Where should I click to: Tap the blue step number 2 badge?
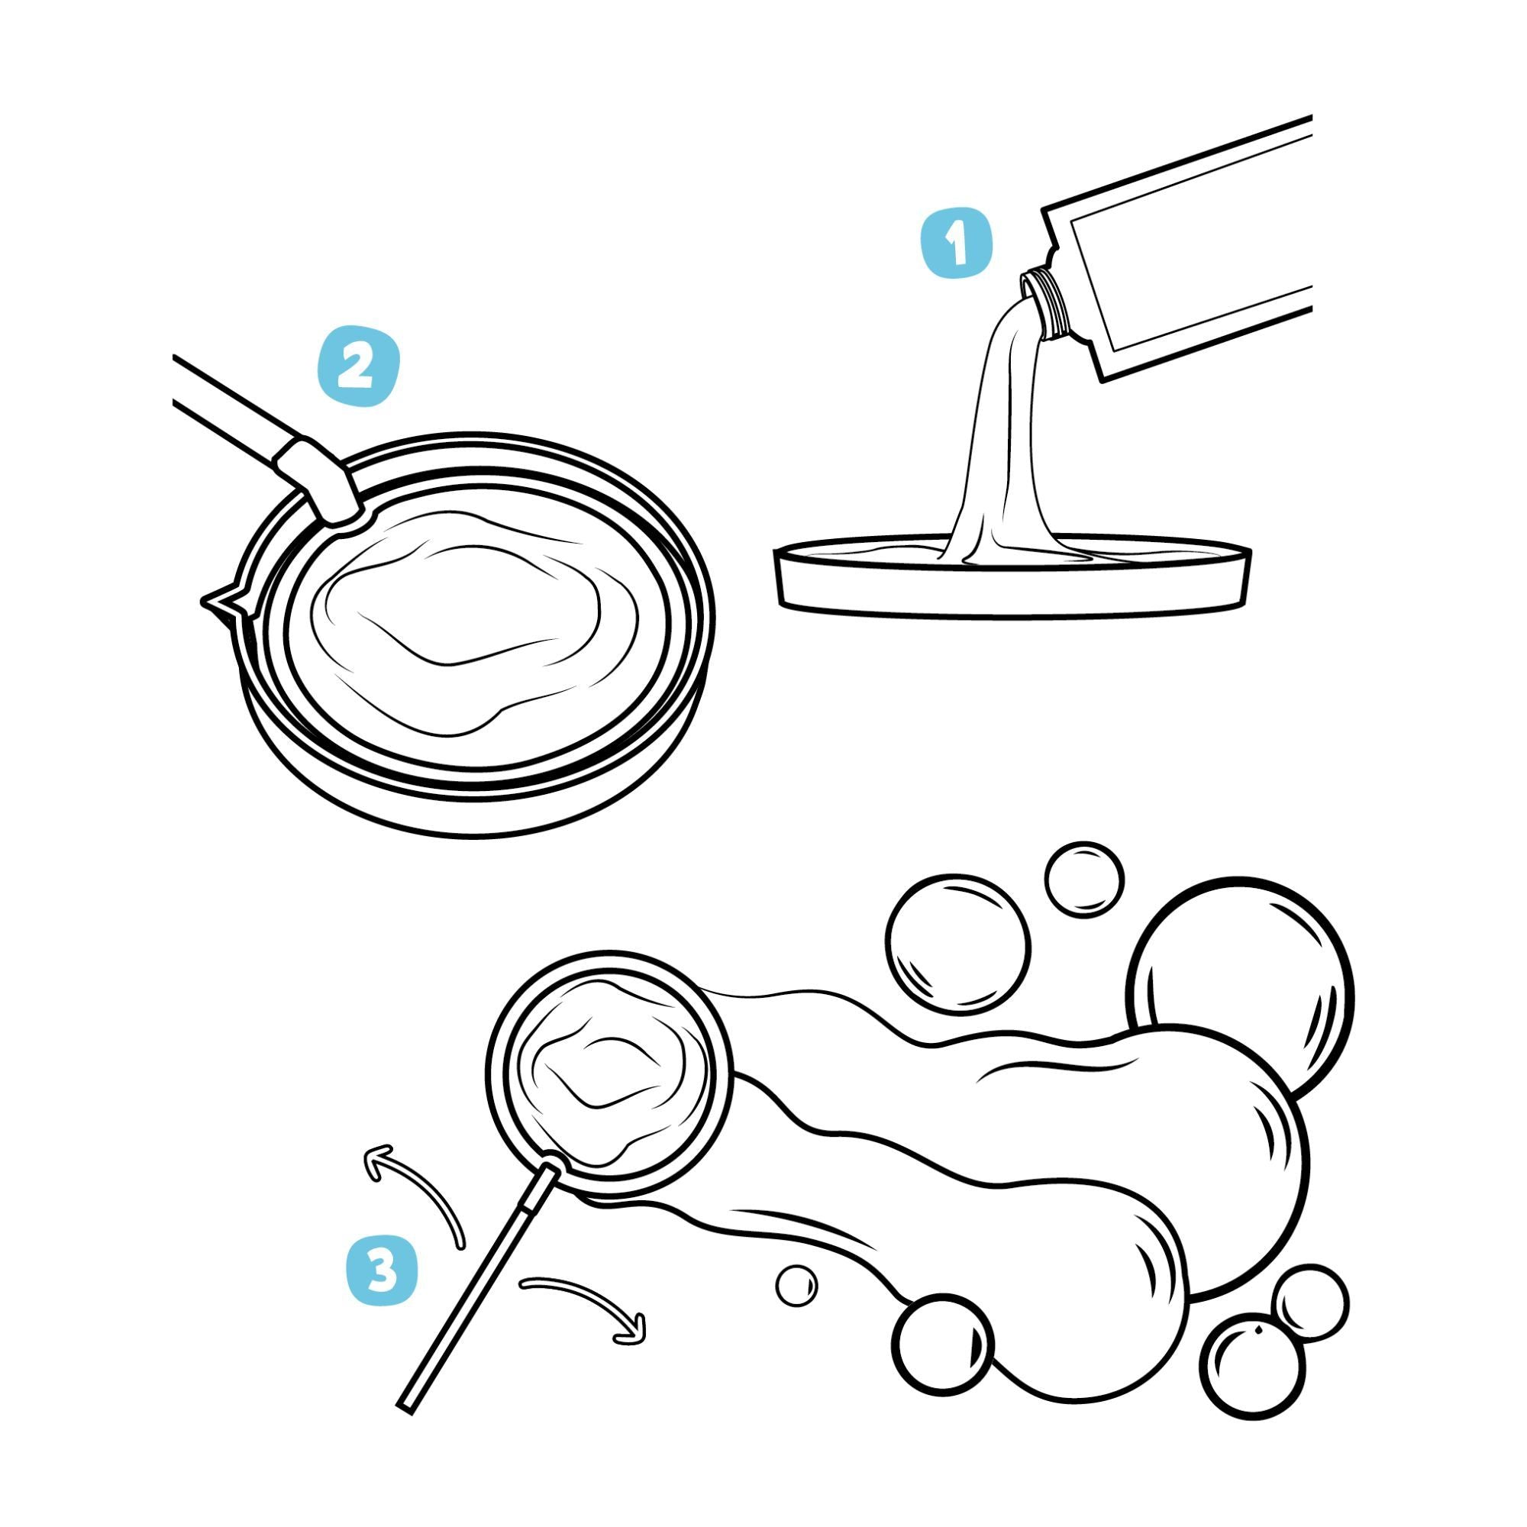(x=358, y=368)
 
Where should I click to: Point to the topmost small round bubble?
(x=1083, y=880)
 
